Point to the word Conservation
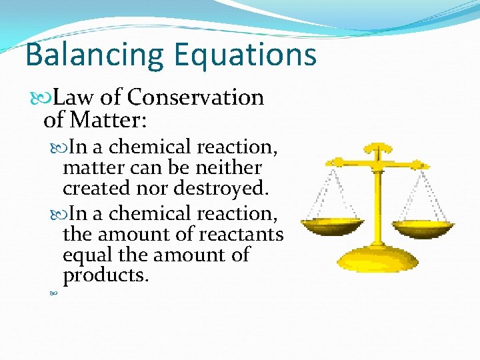pyautogui.click(x=195, y=97)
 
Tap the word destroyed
pyautogui.click(x=221, y=188)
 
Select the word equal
pyautogui.click(x=86, y=255)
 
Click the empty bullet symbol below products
pyautogui.click(x=53, y=293)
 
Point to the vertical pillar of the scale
pyautogui.click(x=379, y=200)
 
